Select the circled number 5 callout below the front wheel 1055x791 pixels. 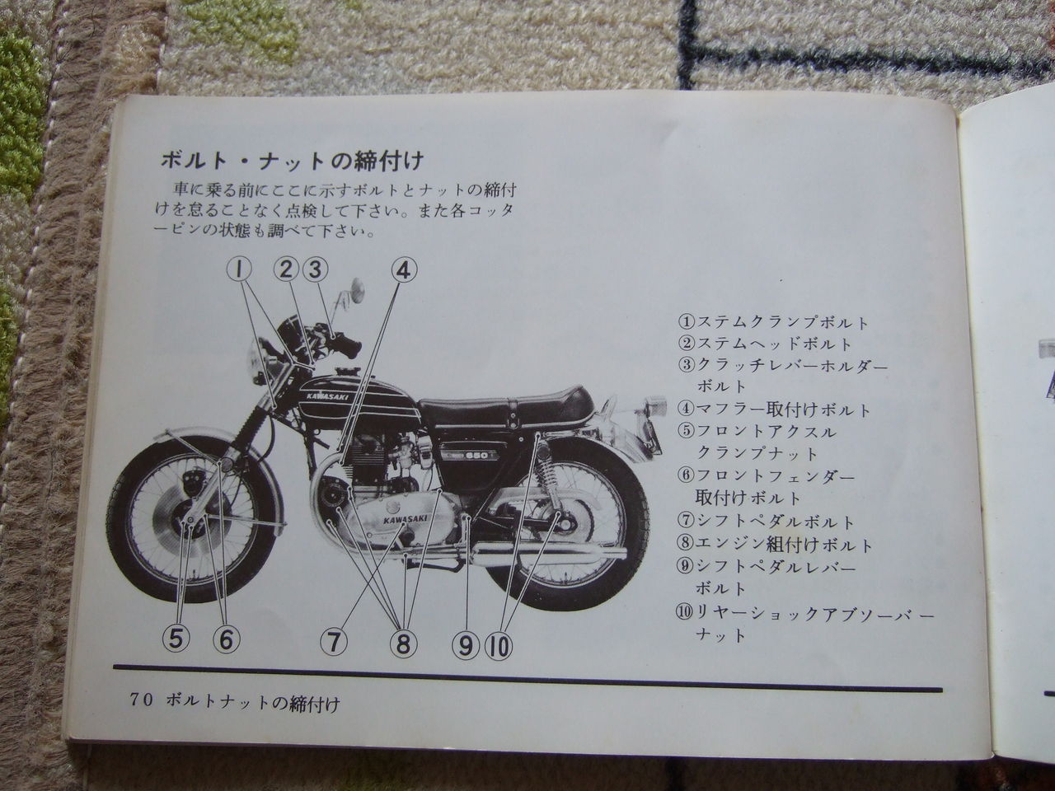[176, 639]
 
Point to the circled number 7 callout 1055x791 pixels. [334, 642]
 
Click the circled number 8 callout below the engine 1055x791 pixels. [403, 643]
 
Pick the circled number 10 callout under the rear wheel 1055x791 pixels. [499, 645]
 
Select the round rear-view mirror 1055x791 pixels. [357, 289]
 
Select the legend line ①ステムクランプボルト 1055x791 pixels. [773, 322]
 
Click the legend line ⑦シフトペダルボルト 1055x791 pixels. [767, 522]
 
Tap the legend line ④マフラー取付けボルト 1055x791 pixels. [774, 410]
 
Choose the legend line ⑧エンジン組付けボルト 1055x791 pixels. [776, 545]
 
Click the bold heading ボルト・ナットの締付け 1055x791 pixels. [292, 160]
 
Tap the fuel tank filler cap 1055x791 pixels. [347, 371]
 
